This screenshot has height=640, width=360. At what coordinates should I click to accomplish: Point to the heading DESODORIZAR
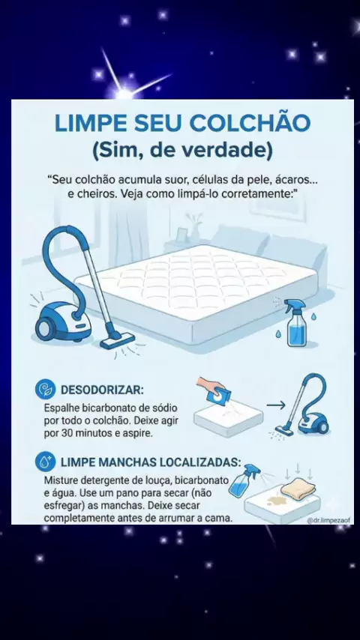[x=102, y=390]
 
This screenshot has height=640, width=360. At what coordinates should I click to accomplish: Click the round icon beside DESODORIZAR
[x=45, y=390]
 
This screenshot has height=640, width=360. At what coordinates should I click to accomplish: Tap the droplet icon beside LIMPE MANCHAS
[x=45, y=461]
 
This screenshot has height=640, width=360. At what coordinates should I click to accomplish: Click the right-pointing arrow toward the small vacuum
[x=276, y=405]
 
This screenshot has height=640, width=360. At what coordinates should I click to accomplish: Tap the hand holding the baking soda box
[x=210, y=384]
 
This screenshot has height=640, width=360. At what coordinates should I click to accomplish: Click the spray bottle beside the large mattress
[x=296, y=323]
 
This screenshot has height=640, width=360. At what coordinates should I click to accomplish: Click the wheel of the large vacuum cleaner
[x=44, y=328]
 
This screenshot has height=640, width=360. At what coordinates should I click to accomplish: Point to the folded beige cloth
[x=298, y=489]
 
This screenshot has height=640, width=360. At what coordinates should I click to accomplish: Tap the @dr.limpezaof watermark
[x=329, y=520]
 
